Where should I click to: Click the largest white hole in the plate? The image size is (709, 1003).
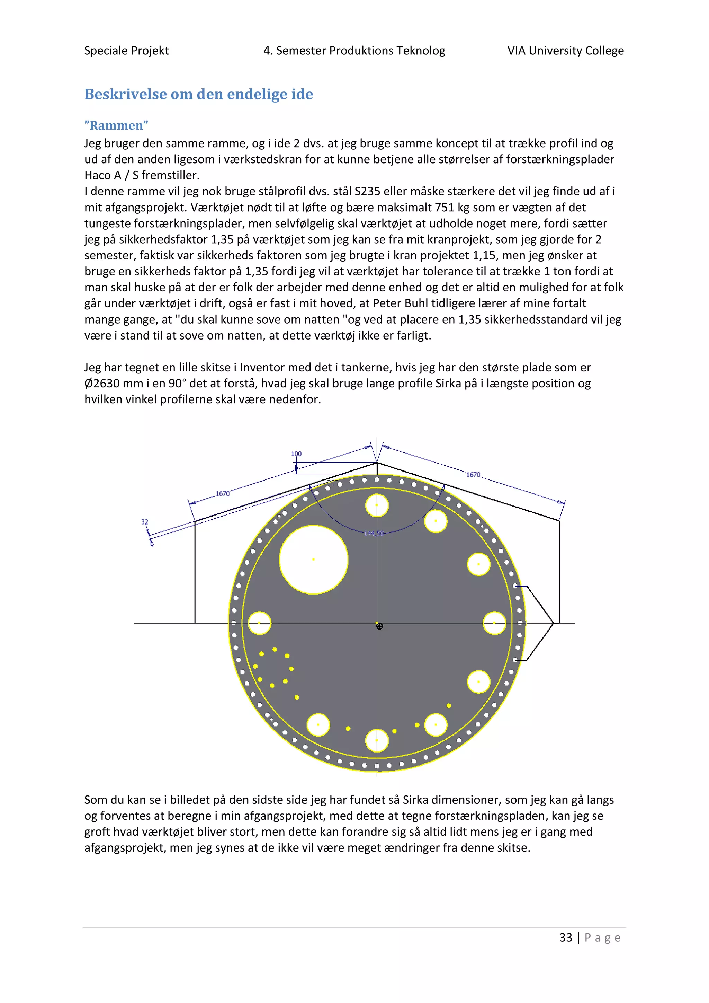pyautogui.click(x=313, y=560)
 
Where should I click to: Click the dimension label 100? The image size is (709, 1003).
pyautogui.click(x=296, y=454)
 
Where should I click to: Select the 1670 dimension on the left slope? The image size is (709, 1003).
pyautogui.click(x=223, y=494)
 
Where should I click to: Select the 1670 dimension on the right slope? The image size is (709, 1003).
pyautogui.click(x=473, y=475)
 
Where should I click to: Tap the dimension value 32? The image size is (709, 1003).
pyautogui.click(x=144, y=522)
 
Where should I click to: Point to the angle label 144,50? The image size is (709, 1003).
pyautogui.click(x=374, y=534)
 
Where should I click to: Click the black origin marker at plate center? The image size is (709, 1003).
pyautogui.click(x=379, y=626)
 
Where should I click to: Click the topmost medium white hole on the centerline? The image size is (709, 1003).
pyautogui.click(x=377, y=505)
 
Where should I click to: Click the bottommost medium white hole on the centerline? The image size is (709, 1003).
pyautogui.click(x=377, y=741)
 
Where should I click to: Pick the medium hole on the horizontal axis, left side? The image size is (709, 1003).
pyautogui.click(x=259, y=623)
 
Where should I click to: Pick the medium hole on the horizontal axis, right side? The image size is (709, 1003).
pyautogui.click(x=494, y=623)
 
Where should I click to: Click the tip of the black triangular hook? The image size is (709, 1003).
pyautogui.click(x=553, y=623)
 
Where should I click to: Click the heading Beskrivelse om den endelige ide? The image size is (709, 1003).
pyautogui.click(x=199, y=94)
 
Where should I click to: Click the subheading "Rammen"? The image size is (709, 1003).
pyautogui.click(x=117, y=125)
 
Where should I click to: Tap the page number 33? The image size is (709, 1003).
pyautogui.click(x=566, y=938)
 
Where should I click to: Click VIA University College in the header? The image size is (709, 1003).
pyautogui.click(x=565, y=51)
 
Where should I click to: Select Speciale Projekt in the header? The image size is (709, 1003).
pyautogui.click(x=127, y=51)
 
